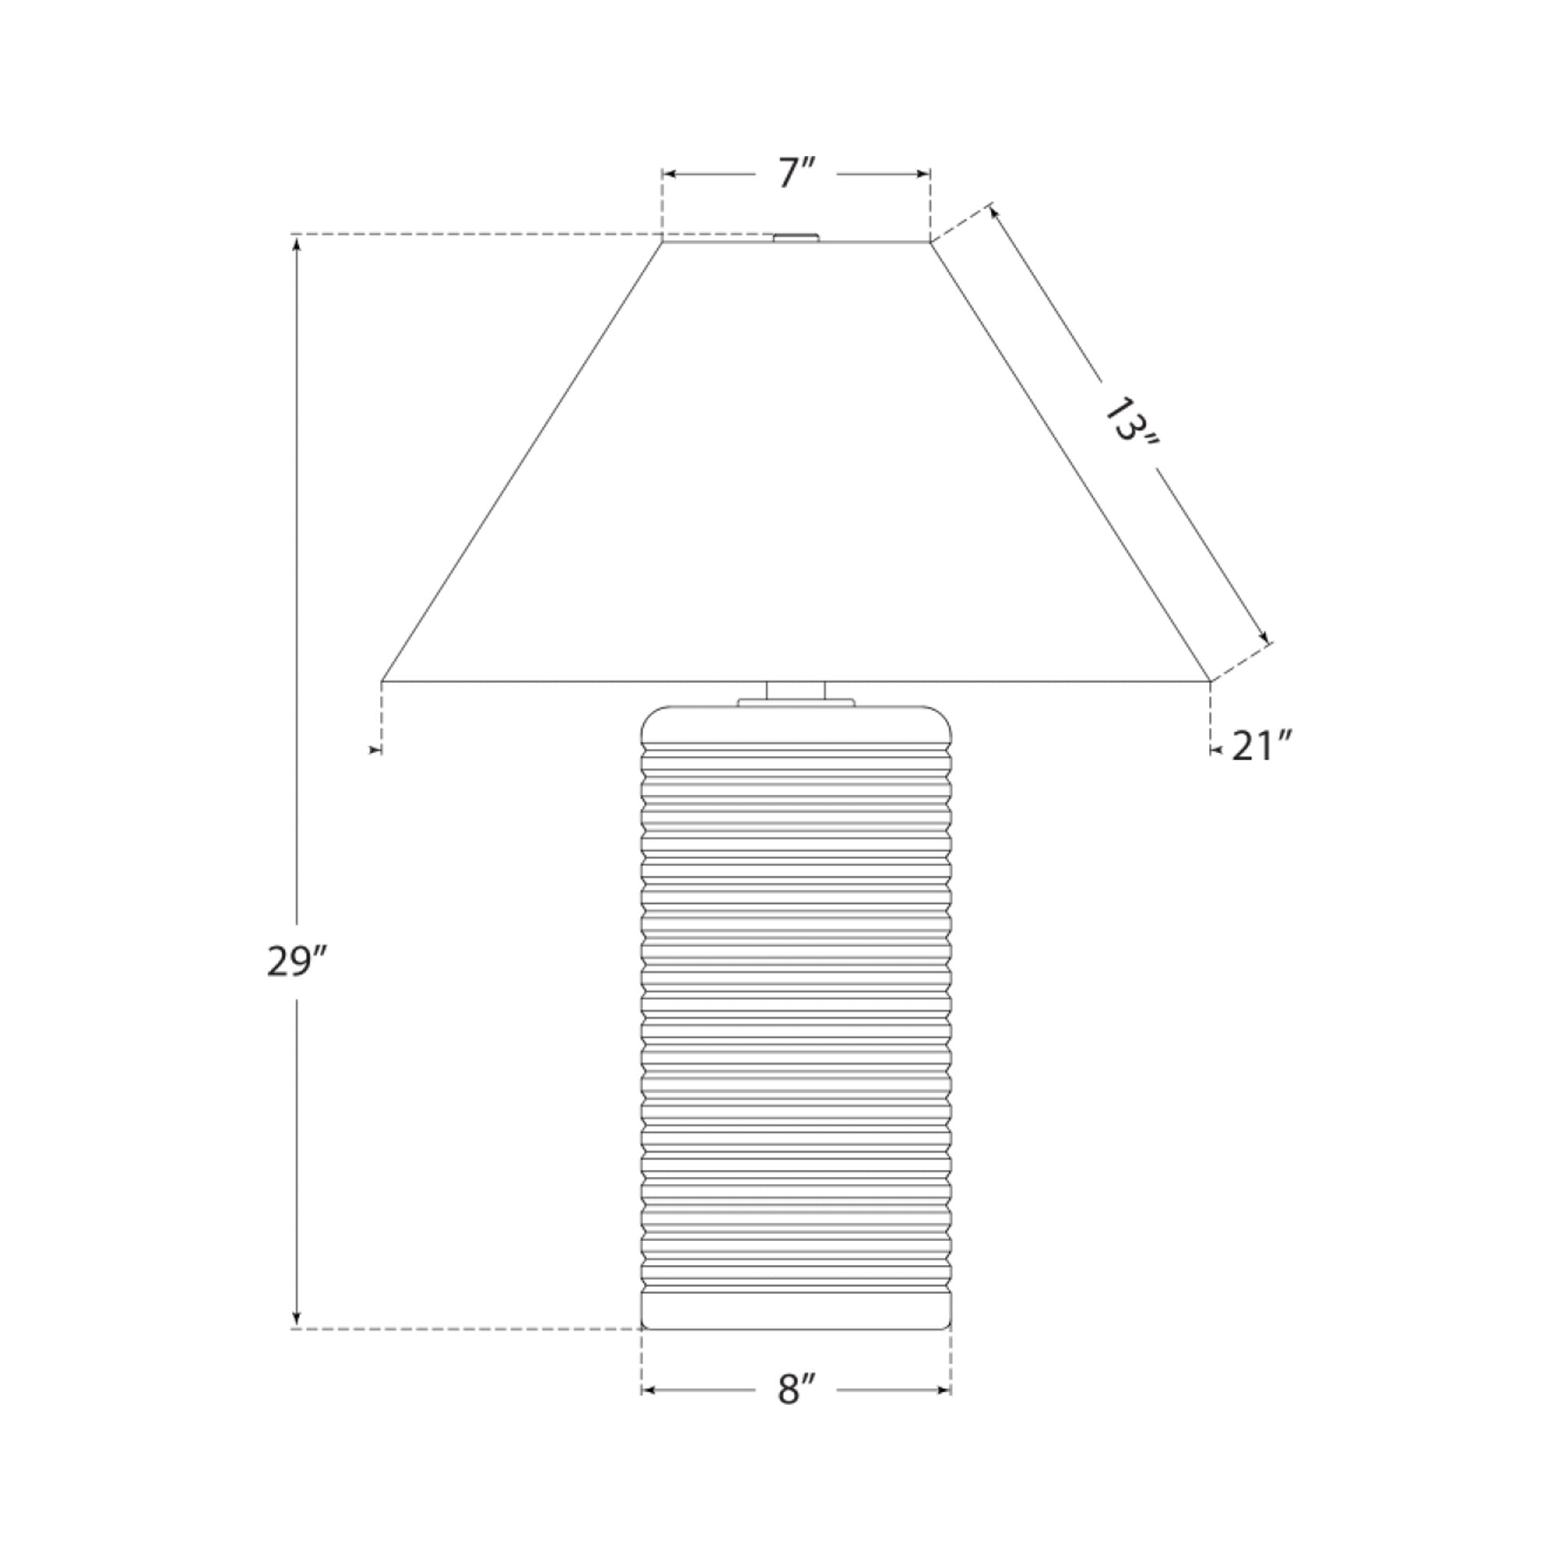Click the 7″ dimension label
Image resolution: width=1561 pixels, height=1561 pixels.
tap(796, 173)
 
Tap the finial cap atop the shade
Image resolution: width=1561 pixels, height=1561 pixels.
tap(796, 237)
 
